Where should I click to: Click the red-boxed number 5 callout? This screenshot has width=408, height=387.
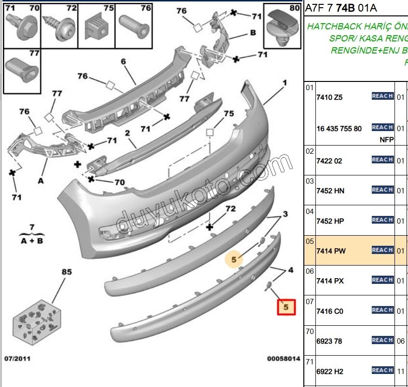pos(286,307)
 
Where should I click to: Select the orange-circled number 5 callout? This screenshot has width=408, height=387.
pos(234,260)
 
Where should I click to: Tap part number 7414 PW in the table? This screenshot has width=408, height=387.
pos(331,251)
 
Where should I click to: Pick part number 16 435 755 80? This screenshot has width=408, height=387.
pos(339,129)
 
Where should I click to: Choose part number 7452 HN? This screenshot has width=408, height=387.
pos(330,191)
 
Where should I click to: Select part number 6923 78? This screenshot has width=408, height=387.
pos(329,341)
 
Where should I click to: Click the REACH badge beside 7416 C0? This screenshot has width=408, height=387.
pos(382,310)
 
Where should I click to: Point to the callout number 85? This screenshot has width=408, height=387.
pos(67,272)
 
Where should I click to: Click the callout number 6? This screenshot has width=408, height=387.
pos(123,61)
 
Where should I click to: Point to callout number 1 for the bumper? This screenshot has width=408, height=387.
pos(285,83)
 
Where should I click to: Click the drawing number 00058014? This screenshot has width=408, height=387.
pos(284,359)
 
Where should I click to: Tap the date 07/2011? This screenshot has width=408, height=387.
pos(18,359)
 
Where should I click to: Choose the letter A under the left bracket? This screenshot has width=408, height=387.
pos(41,181)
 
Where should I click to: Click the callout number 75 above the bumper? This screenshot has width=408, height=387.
pos(229,114)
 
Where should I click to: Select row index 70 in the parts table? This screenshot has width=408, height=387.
pos(309,332)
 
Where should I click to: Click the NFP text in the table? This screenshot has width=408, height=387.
pos(387,140)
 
